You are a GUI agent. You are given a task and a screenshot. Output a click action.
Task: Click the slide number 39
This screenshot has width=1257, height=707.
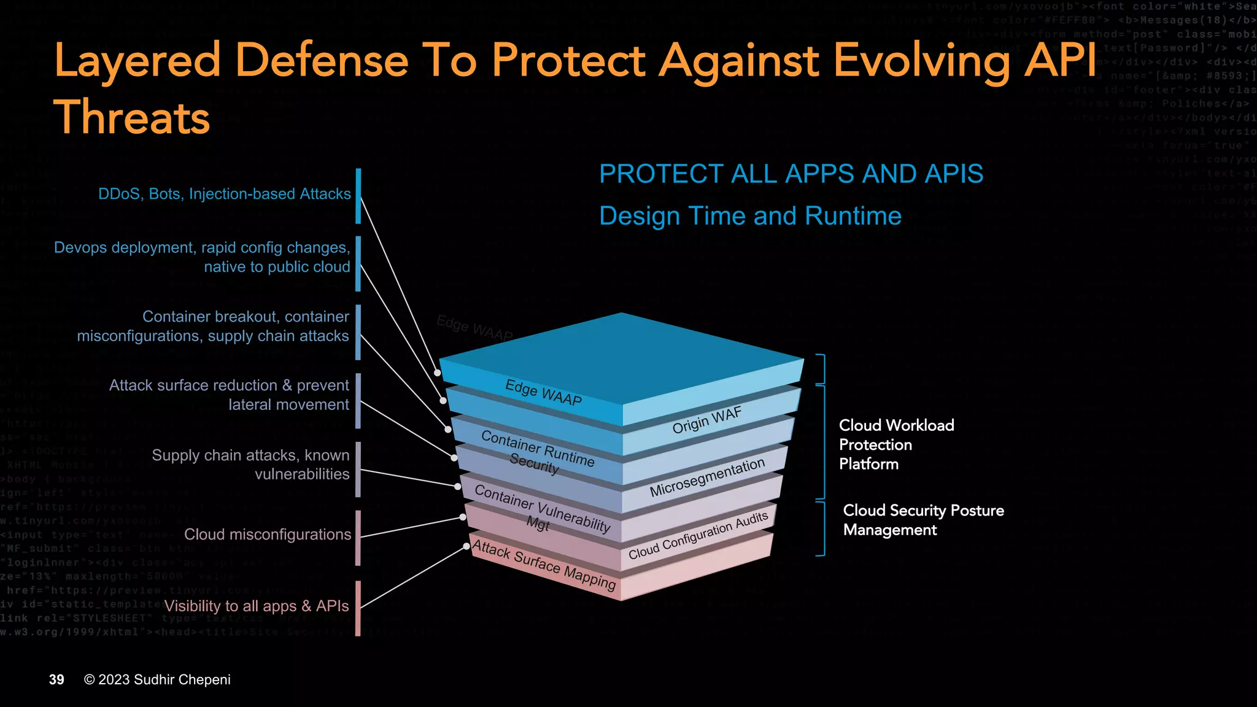[56, 679]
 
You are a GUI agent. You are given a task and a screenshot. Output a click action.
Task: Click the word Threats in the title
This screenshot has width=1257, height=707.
[131, 117]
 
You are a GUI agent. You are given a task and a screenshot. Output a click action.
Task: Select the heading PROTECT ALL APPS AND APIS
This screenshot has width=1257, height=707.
[791, 174]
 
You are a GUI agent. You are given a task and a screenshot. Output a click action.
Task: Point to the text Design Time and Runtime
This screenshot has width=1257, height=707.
[750, 216]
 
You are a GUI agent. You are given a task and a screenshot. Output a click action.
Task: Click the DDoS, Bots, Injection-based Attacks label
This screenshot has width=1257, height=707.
[225, 194]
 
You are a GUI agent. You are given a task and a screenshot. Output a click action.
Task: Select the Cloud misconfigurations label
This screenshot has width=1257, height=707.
[268, 535]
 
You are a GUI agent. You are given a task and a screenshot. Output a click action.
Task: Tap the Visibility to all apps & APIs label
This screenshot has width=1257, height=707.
[257, 606]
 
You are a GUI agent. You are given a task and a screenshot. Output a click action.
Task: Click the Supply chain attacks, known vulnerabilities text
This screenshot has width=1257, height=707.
[250, 465]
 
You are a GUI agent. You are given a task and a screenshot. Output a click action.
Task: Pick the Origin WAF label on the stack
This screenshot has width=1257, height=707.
[706, 420]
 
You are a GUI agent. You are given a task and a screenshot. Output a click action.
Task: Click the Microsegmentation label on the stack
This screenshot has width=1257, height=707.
[707, 477]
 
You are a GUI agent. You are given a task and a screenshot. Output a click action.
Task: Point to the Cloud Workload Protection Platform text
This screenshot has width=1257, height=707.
[895, 444]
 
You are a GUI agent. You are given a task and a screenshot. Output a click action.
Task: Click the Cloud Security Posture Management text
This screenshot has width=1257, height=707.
[922, 520]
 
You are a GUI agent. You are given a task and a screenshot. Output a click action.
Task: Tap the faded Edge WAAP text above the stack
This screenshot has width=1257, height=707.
[474, 328]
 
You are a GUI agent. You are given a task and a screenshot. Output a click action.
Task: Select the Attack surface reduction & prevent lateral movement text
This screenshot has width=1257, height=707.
[229, 395]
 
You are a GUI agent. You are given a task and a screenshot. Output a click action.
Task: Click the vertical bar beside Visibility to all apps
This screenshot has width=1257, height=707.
[358, 608]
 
